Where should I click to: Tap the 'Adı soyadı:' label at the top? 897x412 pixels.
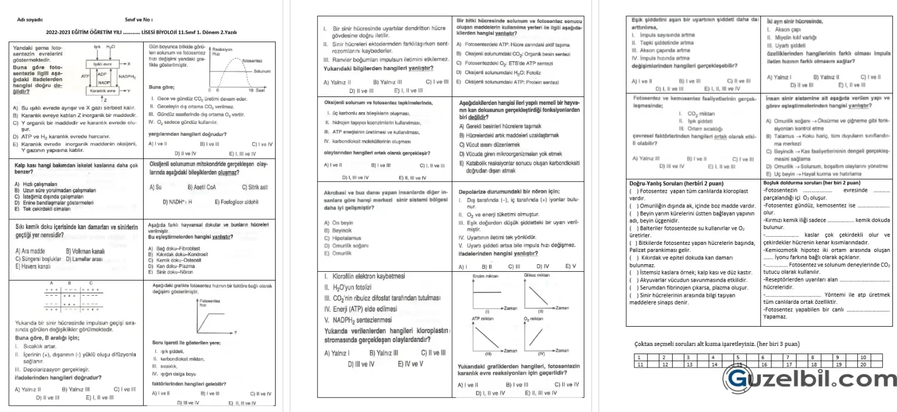(x=30, y=19)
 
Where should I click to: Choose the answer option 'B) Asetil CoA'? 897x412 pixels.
(x=203, y=187)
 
